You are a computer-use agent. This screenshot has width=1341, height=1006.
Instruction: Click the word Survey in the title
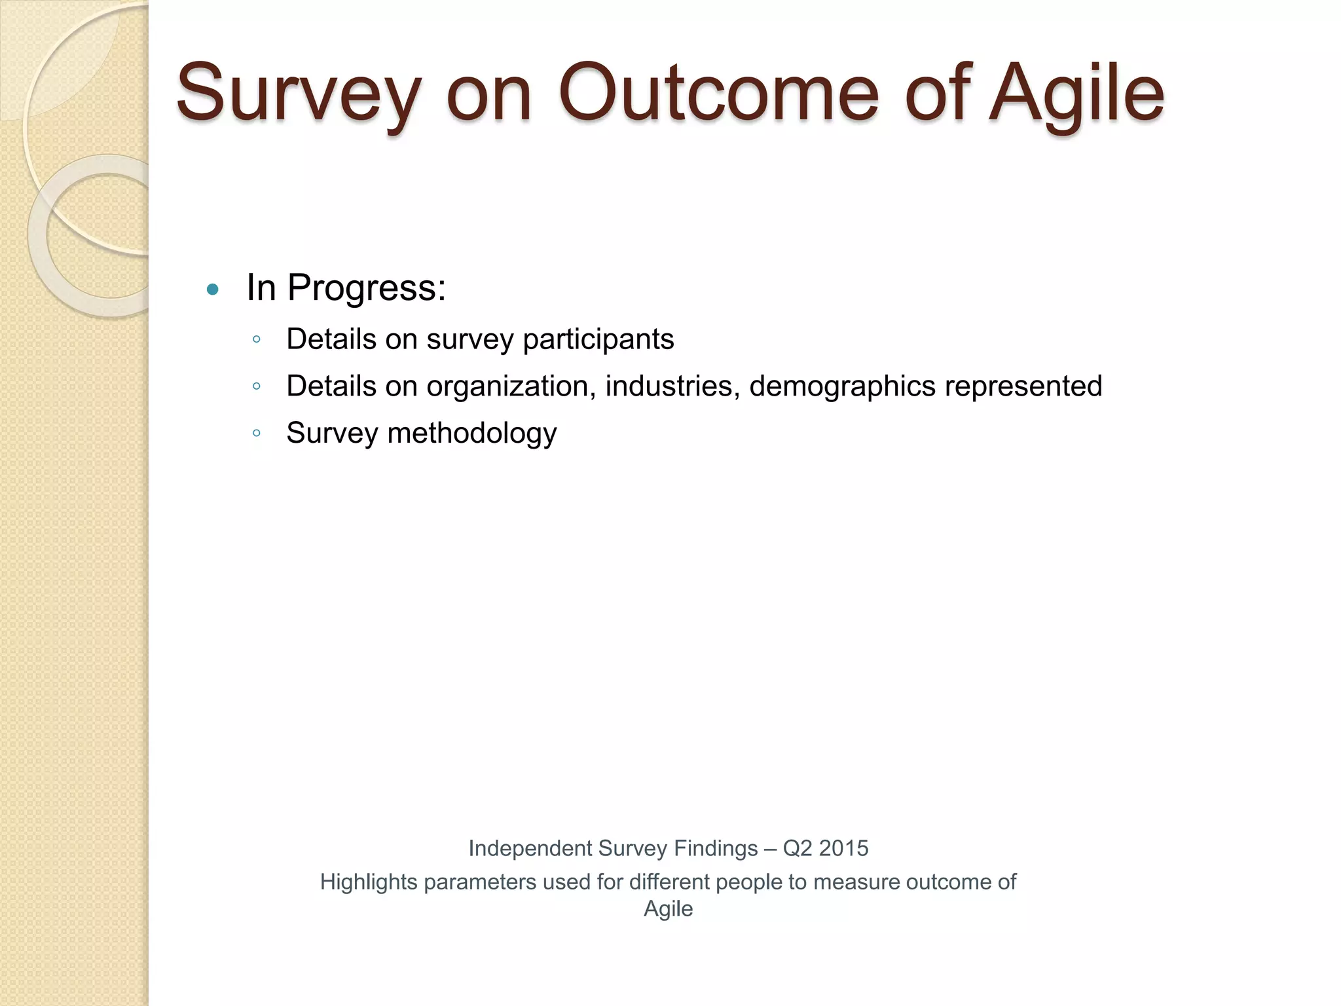[298, 95]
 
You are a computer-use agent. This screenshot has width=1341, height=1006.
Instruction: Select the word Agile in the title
[1077, 95]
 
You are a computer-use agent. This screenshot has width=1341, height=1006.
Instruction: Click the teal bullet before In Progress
[212, 289]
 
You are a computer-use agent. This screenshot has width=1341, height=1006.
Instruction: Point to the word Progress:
[367, 289]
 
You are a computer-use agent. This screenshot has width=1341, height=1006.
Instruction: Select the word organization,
[511, 386]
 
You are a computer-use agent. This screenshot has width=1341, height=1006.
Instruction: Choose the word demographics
[842, 386]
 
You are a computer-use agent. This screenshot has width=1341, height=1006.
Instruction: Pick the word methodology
[472, 434]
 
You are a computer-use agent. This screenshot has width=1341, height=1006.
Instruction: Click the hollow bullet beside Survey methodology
[257, 434]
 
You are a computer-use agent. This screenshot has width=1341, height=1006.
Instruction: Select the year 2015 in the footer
[843, 849]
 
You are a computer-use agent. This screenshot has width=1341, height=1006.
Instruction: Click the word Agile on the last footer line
[668, 909]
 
